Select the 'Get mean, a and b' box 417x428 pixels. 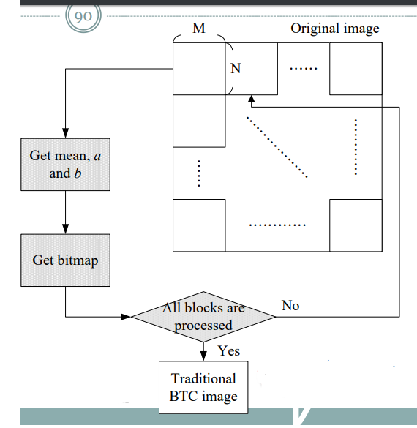tap(66, 165)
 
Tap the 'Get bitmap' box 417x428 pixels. tap(66, 260)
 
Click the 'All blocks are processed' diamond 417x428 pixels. tap(203, 317)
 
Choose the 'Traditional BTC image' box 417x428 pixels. tap(203, 388)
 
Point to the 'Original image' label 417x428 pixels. tap(335, 29)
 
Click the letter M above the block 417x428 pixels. tap(198, 29)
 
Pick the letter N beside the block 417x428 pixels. tap(236, 69)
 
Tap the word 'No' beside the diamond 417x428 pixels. tap(290, 305)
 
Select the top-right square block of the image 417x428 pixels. tap(355, 69)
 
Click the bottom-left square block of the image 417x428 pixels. tap(198, 225)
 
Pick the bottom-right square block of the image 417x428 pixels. tap(355, 225)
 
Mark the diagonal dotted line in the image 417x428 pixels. tap(277, 146)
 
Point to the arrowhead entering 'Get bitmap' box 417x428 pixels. tap(66, 230)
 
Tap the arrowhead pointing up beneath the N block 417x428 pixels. tap(251, 99)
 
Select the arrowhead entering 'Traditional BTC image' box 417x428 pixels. tap(203, 356)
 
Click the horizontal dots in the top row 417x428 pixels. tap(303, 70)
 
